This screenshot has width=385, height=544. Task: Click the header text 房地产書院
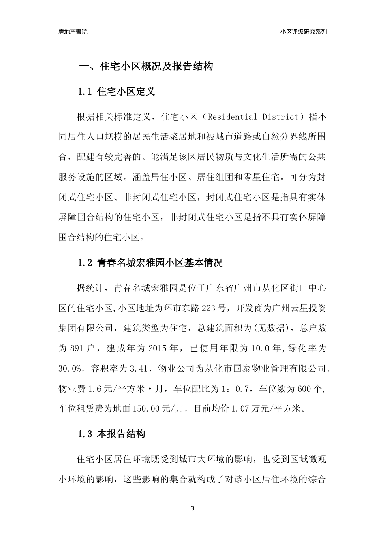coord(73,32)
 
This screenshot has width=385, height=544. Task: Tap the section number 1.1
coord(86,91)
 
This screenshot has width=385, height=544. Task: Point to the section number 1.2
coord(86,263)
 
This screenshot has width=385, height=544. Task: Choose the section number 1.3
coord(86,434)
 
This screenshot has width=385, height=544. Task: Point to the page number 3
coord(192,508)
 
